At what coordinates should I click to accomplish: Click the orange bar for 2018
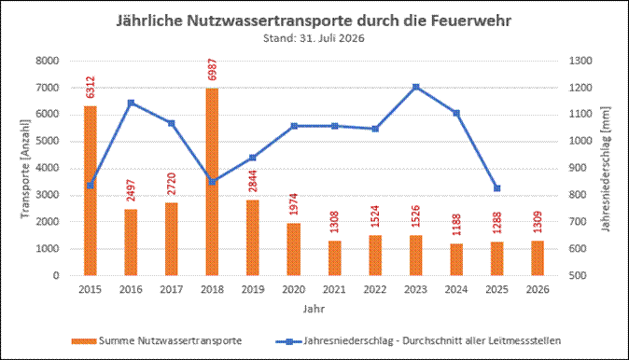coord(212,182)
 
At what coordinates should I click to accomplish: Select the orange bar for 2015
coord(91,191)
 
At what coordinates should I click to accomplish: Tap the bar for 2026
coord(538,258)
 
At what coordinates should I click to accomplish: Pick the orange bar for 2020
coord(294,249)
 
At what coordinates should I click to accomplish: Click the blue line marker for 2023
coord(416,87)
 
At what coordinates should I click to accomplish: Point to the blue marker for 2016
coord(131,103)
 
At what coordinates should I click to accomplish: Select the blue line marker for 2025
coord(497,188)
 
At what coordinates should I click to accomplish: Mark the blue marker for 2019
coord(253,158)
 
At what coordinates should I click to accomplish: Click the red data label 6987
coord(212,70)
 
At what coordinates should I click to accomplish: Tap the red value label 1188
coord(456,225)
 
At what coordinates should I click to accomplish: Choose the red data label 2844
coord(253,181)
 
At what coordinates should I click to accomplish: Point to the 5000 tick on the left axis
coord(48,141)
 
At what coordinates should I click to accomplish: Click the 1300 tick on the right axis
coord(580,61)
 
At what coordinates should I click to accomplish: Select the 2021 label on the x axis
coord(334,289)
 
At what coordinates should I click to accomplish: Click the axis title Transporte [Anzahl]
coord(25,169)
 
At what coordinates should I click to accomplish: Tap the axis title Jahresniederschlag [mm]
coord(606,169)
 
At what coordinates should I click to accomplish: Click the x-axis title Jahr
coord(314,309)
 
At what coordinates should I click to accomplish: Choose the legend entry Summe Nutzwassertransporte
coord(157,340)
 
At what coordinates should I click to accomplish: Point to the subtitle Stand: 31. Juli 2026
coord(314,38)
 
